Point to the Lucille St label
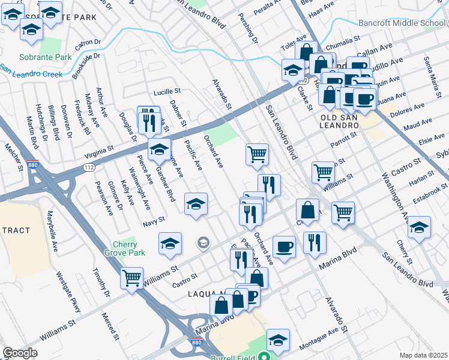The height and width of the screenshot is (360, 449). (167, 92)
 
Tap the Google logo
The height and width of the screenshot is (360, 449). (20, 353)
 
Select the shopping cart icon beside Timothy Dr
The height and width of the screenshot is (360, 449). (131, 278)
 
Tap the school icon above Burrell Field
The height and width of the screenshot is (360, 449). (278, 339)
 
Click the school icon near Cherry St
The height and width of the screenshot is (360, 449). (419, 227)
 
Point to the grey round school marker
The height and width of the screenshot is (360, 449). (203, 242)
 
